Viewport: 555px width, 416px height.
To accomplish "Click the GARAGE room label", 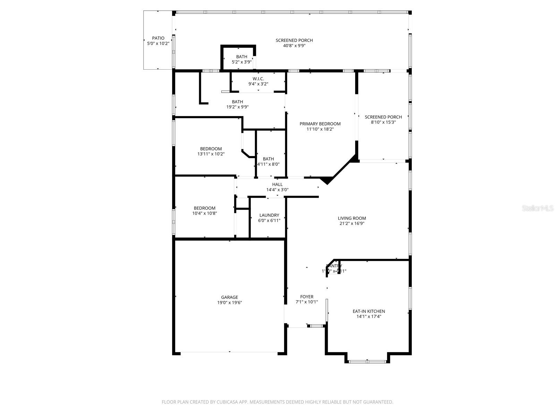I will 229,297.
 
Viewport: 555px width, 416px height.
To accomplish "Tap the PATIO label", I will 158,38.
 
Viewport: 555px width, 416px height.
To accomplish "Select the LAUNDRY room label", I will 269,215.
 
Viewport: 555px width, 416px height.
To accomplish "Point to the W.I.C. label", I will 258,79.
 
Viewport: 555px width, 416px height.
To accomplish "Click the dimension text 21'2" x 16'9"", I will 352,224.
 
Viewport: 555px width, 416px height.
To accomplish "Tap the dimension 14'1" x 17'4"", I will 369,317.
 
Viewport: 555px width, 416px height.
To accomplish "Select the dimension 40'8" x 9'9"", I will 294,45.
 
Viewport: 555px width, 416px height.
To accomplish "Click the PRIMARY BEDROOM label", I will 320,124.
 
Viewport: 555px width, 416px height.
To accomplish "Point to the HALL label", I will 277,184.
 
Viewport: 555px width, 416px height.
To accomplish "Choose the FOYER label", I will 307,297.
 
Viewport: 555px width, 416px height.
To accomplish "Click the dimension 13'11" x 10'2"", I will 211,154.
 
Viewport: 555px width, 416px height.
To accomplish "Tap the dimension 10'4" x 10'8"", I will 205,214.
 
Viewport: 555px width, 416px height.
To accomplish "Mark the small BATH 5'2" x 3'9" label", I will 242,57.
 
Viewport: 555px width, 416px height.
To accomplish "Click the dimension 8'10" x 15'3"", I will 383,122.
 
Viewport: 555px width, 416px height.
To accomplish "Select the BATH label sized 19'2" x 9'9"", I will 237,102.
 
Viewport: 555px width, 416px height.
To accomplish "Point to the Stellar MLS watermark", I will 538,208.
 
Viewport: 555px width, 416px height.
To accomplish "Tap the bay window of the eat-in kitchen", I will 367,362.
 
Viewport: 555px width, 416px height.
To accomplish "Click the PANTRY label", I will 334,266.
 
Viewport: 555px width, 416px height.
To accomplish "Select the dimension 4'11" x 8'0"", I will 268,164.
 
